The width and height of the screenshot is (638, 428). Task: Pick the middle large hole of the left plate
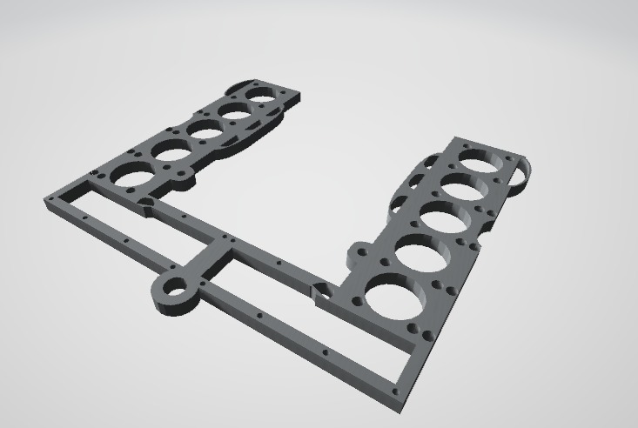205,129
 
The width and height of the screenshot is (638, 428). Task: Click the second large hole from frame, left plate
171,151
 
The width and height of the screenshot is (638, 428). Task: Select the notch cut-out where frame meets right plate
319,291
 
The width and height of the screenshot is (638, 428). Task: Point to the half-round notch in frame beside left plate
146,205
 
